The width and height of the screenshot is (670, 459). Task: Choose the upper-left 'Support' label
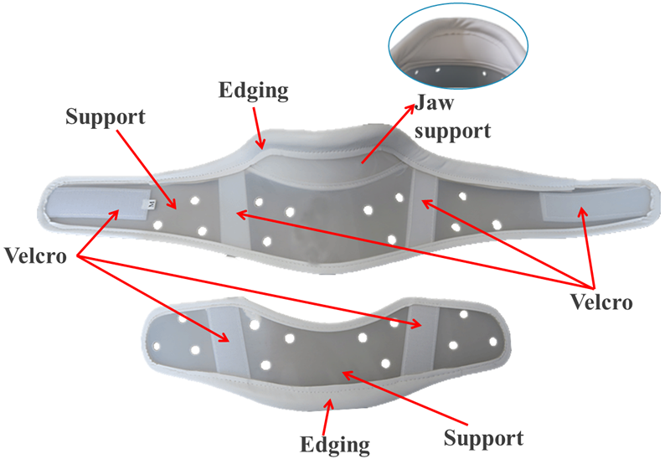[106, 116]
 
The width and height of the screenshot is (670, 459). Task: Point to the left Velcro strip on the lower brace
[223, 336]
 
